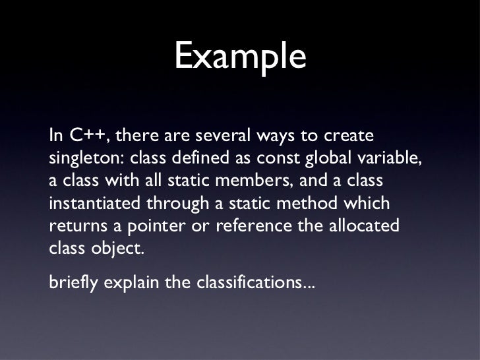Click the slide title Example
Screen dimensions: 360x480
pos(240,57)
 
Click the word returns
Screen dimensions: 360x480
pos(73,225)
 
